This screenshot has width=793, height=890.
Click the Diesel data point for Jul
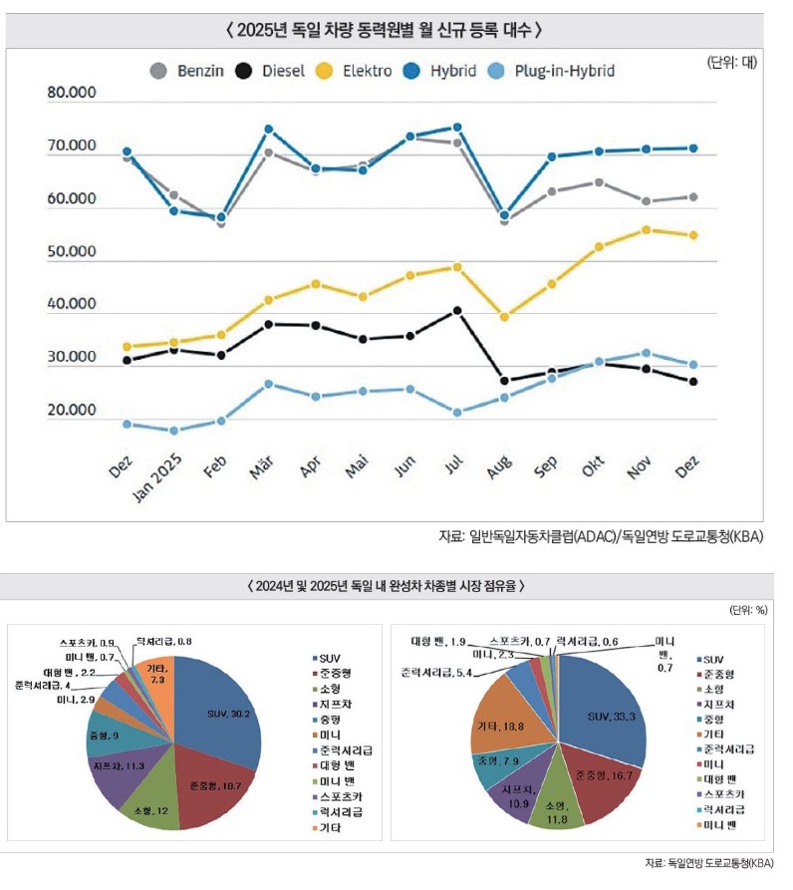point(457,310)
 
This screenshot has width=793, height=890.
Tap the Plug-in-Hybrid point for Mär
point(268,384)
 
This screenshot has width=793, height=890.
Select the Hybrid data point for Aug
point(505,215)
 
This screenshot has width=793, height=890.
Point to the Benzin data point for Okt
point(599,182)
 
